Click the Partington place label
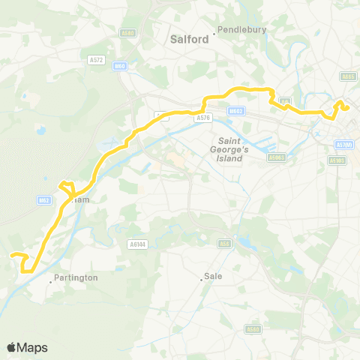(x=76, y=277)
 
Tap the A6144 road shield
(x=136, y=244)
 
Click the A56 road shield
(x=223, y=243)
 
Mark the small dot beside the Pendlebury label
(x=214, y=31)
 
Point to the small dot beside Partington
(x=51, y=282)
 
